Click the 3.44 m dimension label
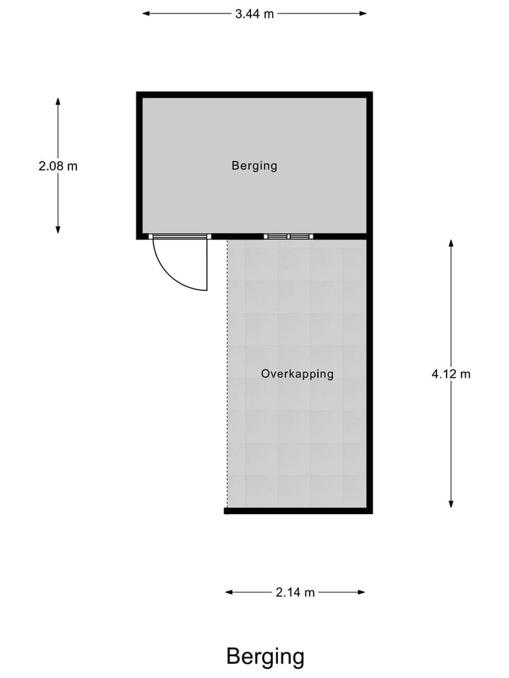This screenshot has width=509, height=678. (255, 13)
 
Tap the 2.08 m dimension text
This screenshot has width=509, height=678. (58, 167)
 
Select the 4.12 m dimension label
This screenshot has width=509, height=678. (451, 374)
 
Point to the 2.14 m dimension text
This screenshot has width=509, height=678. (296, 593)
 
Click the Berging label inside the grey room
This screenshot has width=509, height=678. (255, 166)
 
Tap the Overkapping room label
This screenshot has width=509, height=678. (297, 374)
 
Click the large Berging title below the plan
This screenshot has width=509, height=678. (265, 657)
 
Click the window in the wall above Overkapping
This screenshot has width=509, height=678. (288, 237)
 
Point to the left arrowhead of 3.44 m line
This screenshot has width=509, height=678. (146, 13)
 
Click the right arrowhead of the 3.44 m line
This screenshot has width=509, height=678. (363, 13)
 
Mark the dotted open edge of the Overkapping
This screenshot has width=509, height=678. (227, 374)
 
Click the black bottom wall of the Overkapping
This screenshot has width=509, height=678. (297, 511)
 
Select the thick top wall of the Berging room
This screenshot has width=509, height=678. (255, 95)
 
